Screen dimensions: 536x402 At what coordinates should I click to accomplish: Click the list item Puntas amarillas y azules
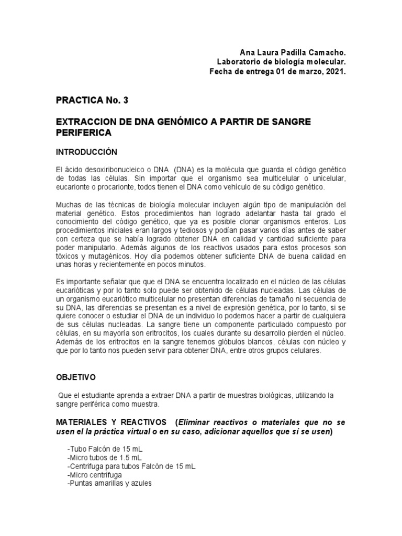point(109,484)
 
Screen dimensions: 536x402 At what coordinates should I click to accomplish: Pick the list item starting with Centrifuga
point(131,467)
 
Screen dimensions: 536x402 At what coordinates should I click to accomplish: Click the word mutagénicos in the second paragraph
point(113,257)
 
